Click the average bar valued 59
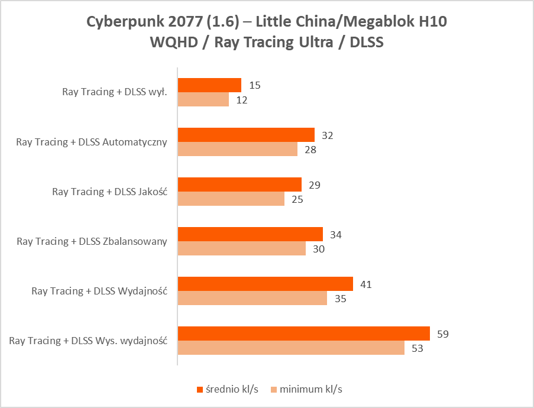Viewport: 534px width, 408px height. [x=303, y=333]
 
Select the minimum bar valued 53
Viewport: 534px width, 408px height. [x=291, y=348]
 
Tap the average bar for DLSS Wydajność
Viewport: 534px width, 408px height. [x=265, y=284]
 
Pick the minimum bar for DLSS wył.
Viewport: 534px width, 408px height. [x=203, y=100]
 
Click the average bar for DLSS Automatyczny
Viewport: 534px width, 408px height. [x=246, y=135]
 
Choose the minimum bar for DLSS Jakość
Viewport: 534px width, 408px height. [x=231, y=199]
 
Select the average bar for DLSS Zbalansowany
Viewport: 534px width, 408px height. [x=250, y=234]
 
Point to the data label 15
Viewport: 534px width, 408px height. [x=255, y=85]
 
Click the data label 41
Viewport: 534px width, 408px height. [x=366, y=284]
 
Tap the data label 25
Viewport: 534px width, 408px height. [x=297, y=199]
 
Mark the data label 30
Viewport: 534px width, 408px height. [x=319, y=249]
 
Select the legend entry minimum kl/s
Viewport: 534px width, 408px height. [x=310, y=389]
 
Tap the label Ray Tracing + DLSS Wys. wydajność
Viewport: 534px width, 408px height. [x=89, y=341]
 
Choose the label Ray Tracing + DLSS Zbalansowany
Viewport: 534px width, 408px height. [x=92, y=241]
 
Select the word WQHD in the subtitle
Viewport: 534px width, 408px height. [x=170, y=43]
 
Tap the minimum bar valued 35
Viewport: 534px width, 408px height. [x=252, y=298]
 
